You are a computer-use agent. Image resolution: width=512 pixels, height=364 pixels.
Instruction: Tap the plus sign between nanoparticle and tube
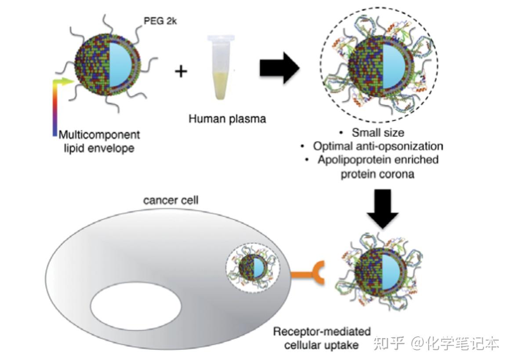(x=181, y=70)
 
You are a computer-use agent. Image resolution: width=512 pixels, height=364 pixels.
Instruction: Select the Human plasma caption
(x=227, y=118)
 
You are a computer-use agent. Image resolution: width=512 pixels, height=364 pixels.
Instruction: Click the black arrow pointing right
(x=279, y=67)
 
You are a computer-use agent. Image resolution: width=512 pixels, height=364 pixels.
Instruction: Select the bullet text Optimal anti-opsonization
(x=378, y=146)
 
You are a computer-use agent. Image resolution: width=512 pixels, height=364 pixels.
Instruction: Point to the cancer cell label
(x=171, y=201)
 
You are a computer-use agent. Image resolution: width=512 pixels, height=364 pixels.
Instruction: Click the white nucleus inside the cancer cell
(x=136, y=305)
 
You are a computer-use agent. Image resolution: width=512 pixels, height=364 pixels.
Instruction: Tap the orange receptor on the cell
(x=308, y=276)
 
